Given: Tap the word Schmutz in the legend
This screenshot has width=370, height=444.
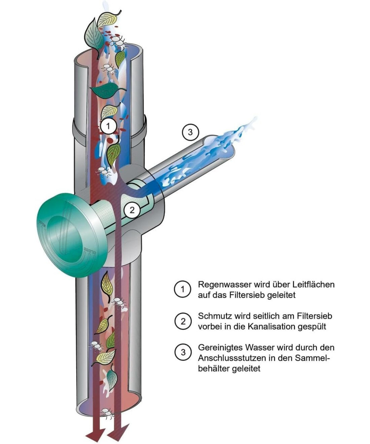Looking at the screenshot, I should click(x=214, y=316).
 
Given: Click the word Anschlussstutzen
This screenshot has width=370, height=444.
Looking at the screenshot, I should click(x=229, y=358).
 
